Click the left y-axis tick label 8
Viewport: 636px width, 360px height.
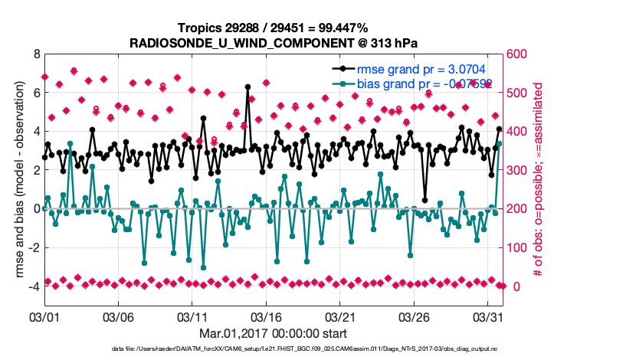[x=36, y=54]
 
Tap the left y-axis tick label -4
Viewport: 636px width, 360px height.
[x=33, y=286]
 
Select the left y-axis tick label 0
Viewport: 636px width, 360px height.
[x=36, y=208]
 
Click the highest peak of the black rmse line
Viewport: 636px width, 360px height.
[x=248, y=87]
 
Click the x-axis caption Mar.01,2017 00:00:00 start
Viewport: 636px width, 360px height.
[x=273, y=333]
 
